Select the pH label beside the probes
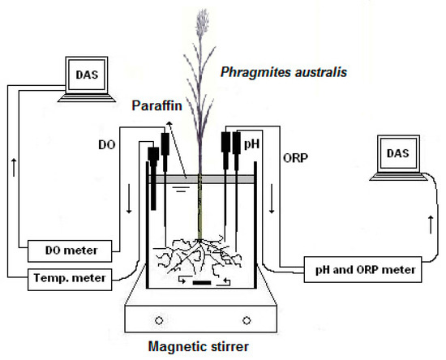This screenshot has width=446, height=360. pyautogui.click(x=253, y=143)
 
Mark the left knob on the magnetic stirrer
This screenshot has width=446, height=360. pyautogui.click(x=159, y=318)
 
